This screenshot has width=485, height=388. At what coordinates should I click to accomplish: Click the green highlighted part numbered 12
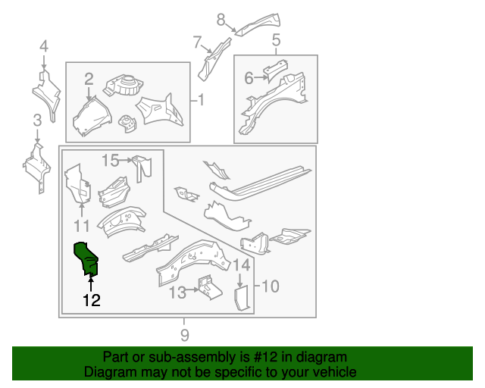point(86,258)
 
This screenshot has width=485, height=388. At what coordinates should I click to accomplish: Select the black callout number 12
point(92,300)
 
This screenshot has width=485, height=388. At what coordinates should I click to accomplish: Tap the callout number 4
point(44,46)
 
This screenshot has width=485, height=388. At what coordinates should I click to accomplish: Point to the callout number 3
point(37,120)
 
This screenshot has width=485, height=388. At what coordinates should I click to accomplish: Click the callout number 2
point(89,79)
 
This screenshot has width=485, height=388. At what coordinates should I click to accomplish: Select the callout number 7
point(197,42)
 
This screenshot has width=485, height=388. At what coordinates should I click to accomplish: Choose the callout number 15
point(111,161)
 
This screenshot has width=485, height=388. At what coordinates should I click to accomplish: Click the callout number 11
point(82,226)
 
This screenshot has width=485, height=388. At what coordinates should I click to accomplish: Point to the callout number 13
point(178,293)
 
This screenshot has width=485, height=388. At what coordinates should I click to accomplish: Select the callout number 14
point(241,265)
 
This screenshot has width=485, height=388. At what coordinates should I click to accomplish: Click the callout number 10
point(271,286)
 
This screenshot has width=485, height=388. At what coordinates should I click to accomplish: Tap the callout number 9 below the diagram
point(185,335)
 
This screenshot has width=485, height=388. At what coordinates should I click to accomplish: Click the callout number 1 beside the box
point(201,100)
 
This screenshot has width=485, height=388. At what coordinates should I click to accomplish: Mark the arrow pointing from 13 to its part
point(192,289)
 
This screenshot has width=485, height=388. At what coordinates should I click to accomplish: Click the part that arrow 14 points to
point(242,298)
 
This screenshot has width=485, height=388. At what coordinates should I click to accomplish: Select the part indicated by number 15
point(142,169)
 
